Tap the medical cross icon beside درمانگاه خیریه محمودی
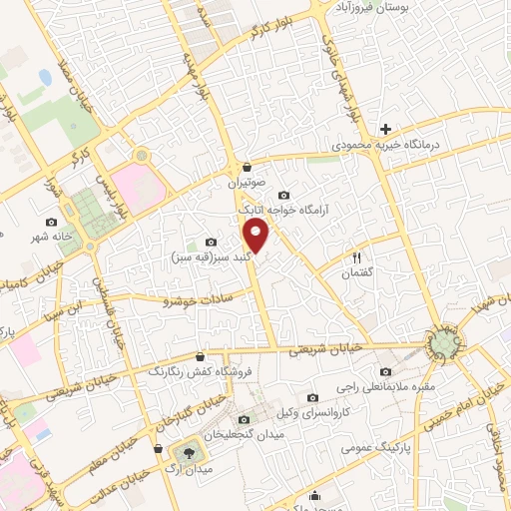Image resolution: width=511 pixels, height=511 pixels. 385,129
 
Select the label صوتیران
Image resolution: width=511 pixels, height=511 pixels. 246,184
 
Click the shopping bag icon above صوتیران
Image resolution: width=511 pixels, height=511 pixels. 246,168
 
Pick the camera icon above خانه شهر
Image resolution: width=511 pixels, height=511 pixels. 52,221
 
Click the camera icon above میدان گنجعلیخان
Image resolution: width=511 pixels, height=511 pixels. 246,420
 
